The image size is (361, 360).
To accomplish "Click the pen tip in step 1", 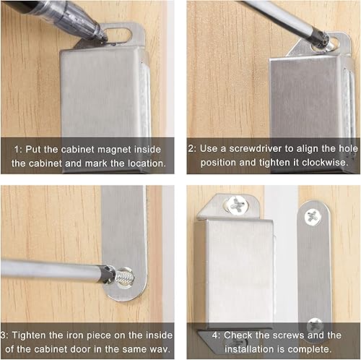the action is pyautogui.click(x=104, y=38).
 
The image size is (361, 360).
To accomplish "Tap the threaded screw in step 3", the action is pyautogui.click(x=123, y=278).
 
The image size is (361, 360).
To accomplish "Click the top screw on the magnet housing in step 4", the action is pyautogui.click(x=237, y=205).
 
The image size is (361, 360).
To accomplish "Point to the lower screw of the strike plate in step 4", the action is pyautogui.click(x=315, y=325).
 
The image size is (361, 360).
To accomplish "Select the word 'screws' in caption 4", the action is pyautogui.click(x=290, y=335).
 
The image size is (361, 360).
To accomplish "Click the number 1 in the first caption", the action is pyautogui.click(x=17, y=150).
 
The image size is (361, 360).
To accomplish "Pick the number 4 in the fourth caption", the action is pyautogui.click(x=215, y=335).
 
